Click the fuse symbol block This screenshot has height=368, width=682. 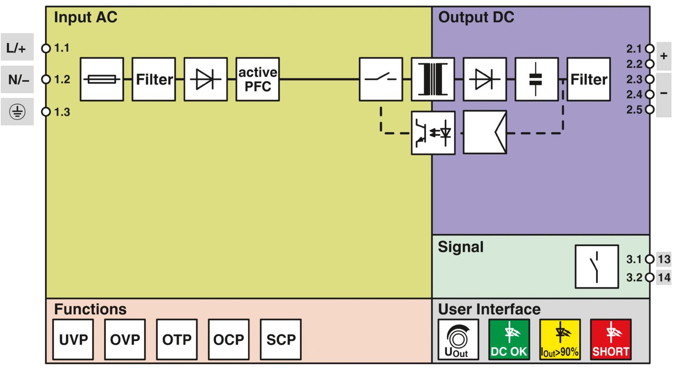point(102,79)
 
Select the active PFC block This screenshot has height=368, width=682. point(257,79)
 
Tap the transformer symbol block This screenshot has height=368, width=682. point(433,79)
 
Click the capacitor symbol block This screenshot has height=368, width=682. point(537,79)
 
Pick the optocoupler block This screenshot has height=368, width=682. point(433,133)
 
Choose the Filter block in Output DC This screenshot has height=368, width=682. point(588,79)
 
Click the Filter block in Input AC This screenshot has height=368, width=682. point(154,79)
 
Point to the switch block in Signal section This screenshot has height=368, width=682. point(597,267)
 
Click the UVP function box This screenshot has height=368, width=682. point(73,339)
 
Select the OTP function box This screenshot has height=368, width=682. point(177,339)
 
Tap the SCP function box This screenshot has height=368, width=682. point(281,339)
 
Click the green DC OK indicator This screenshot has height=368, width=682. point(509,339)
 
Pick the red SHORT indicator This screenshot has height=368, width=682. point(611,339)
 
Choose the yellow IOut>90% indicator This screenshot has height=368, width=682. point(560,339)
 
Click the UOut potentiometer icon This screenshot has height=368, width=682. point(458,339)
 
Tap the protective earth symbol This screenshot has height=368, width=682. point(17,111)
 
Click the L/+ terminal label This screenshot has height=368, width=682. point(17,47)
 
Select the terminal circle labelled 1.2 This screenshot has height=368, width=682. point(45,80)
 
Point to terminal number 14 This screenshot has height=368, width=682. point(664,277)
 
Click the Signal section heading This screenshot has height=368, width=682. point(461,247)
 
